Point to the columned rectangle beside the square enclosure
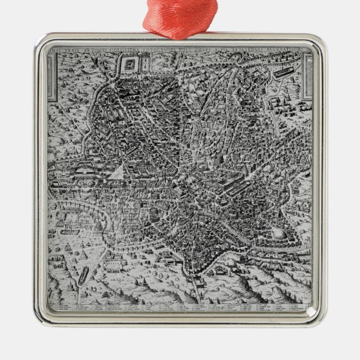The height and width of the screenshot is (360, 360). coord(143,65)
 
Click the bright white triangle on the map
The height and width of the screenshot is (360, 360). coord(117,172)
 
